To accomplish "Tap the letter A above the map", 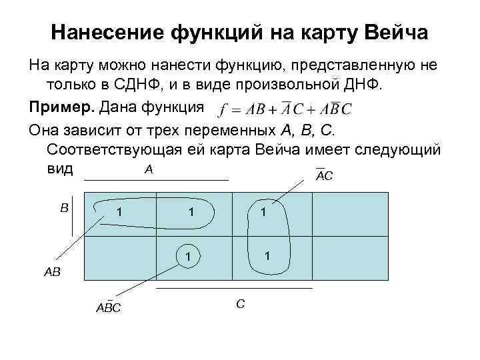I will point(149,170).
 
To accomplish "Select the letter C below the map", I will point(240,304).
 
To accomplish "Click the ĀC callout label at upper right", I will point(324,175).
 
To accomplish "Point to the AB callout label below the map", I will point(52,272).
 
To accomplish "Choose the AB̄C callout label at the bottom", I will point(108,307).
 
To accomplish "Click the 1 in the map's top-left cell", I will point(119,213).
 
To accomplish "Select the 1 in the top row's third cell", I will point(264,213).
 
